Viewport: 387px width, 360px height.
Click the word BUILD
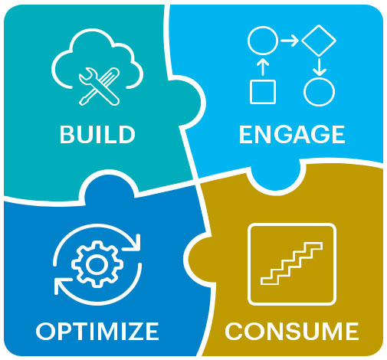tap(97, 134)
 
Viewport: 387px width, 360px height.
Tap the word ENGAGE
tap(292, 134)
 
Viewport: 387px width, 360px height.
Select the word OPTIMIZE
tap(97, 331)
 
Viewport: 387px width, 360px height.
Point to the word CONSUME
tap(292, 331)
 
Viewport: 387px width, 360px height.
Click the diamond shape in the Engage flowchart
tap(319, 41)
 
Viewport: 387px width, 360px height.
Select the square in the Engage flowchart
tap(263, 92)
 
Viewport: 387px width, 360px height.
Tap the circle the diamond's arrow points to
tap(319, 92)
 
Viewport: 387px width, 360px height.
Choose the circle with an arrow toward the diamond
tap(263, 41)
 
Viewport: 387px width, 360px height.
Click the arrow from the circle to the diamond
tap(290, 41)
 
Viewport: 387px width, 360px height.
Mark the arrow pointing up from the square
tap(263, 67)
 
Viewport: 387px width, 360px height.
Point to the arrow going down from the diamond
tap(319, 67)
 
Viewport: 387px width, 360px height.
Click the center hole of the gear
tap(96, 264)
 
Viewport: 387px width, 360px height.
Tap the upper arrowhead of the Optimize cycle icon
tap(133, 242)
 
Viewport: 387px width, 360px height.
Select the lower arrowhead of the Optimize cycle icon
tap(61, 286)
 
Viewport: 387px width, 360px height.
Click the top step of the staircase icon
tap(313, 246)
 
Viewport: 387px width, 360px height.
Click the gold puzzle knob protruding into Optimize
tap(198, 259)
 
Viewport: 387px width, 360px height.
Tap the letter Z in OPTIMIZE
tap(132, 331)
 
